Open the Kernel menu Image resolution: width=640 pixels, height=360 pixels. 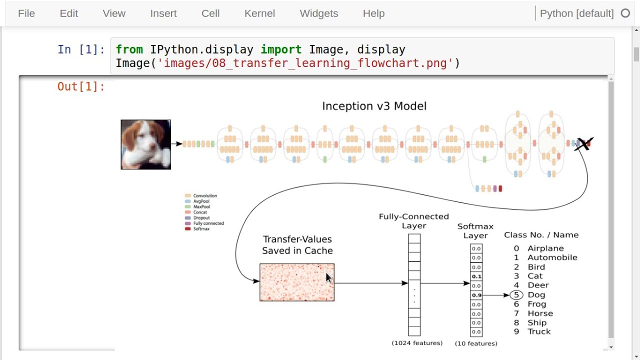259,13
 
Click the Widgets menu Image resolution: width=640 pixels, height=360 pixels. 319,13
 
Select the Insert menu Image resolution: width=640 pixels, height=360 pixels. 163,13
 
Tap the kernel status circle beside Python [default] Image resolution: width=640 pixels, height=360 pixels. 625,13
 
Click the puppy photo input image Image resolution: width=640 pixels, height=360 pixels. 145,144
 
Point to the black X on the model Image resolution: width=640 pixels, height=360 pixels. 584,144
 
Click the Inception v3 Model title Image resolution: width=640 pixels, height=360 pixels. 374,106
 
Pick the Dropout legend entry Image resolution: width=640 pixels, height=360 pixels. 201,218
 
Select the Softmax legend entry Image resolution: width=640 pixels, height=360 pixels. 201,229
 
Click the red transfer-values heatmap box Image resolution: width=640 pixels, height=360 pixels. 297,282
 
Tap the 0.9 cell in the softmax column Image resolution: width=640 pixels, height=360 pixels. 476,295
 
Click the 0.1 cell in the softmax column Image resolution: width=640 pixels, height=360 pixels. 476,276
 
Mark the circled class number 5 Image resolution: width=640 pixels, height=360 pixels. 516,295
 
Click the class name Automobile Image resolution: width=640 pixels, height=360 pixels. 552,257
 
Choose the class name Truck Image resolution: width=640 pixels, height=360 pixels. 539,331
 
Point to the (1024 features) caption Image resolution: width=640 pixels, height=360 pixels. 417,343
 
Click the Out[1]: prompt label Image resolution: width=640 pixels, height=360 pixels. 81,86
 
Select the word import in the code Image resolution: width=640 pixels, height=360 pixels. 281,49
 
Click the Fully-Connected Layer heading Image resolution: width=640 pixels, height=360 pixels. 414,221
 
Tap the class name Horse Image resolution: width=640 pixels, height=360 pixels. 540,313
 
